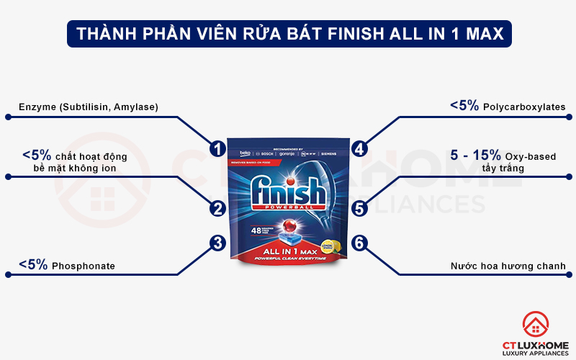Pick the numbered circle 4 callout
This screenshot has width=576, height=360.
point(359,149)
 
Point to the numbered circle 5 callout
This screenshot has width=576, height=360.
point(359,209)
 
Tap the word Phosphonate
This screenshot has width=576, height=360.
point(83,266)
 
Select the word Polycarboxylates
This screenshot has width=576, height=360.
point(524,107)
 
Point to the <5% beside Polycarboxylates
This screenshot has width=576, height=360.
point(464,106)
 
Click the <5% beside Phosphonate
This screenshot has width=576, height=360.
point(33,265)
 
